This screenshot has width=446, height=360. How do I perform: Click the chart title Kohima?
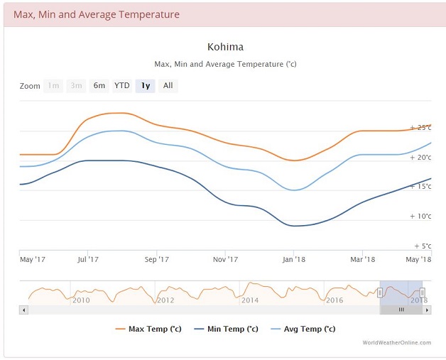click(x=225, y=48)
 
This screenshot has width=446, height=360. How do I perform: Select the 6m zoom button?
click(x=99, y=86)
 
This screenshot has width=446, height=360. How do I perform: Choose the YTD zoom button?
click(x=122, y=86)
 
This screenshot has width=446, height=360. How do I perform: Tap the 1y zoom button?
click(x=145, y=86)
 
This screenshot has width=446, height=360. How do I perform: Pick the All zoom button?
click(x=168, y=86)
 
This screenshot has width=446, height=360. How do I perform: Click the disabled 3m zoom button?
click(x=76, y=86)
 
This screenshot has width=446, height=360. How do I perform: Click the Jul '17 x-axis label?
click(x=87, y=260)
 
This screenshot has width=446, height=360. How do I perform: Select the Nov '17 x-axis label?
click(x=225, y=260)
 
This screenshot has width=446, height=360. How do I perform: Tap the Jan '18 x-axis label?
click(x=293, y=260)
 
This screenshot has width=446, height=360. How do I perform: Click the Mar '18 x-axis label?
click(x=362, y=260)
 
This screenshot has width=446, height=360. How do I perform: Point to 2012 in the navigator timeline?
click(x=165, y=300)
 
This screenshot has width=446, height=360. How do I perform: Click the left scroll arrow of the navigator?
click(x=23, y=310)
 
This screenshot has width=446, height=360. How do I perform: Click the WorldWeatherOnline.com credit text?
click(x=396, y=343)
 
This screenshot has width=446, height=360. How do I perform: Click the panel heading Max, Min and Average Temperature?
click(x=97, y=14)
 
